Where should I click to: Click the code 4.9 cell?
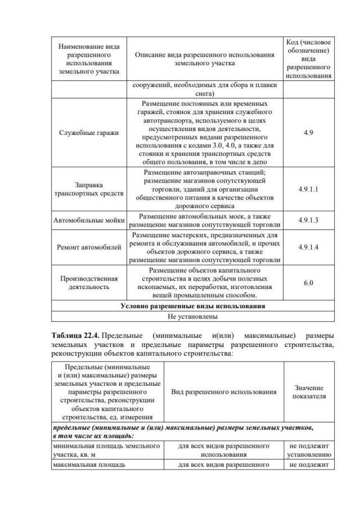(308, 133)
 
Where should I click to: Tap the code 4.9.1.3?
(308, 220)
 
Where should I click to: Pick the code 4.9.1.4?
(308, 247)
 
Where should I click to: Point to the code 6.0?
(308, 283)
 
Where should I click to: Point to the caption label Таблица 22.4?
(76, 336)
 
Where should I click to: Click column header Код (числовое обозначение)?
(308, 58)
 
